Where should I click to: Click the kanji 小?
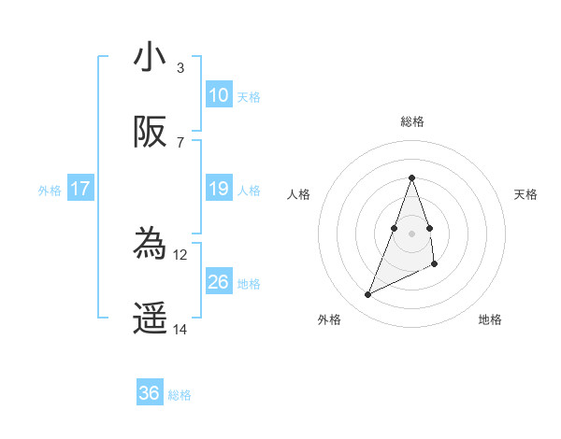(x=150, y=57)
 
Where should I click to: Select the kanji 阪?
(x=150, y=134)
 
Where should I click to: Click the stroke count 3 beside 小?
(x=180, y=67)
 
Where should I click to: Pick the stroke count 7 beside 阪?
(x=180, y=143)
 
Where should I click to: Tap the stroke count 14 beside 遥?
(x=180, y=330)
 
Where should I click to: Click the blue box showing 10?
(x=219, y=95)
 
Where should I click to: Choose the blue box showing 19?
(x=219, y=189)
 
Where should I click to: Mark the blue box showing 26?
(x=219, y=281)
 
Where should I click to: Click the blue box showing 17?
(x=80, y=189)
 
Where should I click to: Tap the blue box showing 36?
(x=150, y=393)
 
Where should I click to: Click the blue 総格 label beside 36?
(x=180, y=395)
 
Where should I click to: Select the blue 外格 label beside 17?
(x=50, y=191)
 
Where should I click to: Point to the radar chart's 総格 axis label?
(x=412, y=121)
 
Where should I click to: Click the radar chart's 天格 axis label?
(x=526, y=194)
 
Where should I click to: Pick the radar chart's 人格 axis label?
(x=299, y=194)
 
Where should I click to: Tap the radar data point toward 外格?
(x=367, y=295)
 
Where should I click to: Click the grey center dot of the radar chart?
(x=412, y=233)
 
